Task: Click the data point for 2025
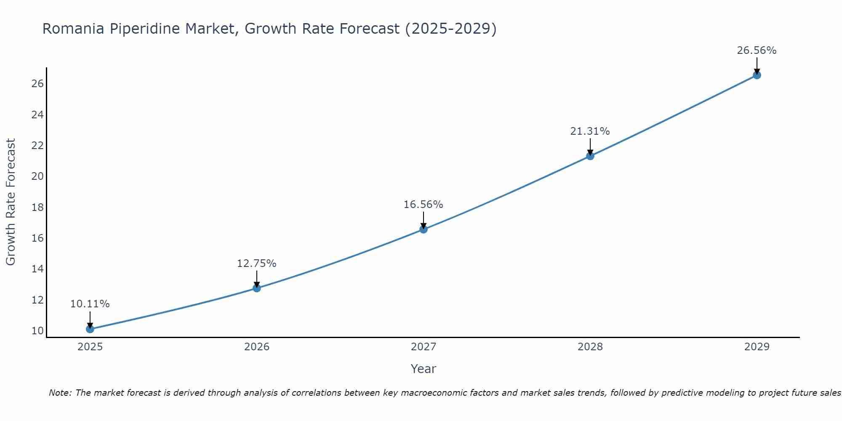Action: (90, 329)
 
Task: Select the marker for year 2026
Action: (256, 288)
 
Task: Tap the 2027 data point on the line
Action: (423, 229)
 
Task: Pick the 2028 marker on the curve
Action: (590, 156)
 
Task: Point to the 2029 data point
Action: (757, 75)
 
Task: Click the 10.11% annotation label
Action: (90, 304)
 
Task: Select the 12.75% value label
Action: (256, 264)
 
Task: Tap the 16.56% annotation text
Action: (423, 205)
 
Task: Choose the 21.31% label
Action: (590, 131)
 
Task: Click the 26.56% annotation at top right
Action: (757, 51)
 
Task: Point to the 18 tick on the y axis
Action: (37, 208)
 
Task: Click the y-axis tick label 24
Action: (37, 115)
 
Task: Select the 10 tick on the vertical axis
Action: (37, 331)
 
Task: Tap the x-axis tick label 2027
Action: (423, 347)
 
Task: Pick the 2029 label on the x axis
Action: (757, 347)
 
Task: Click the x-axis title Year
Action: (423, 369)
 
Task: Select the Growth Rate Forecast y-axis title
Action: (11, 202)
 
